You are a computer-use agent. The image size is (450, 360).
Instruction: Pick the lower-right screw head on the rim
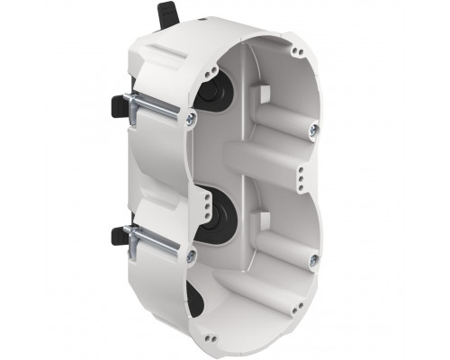click(310, 265)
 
